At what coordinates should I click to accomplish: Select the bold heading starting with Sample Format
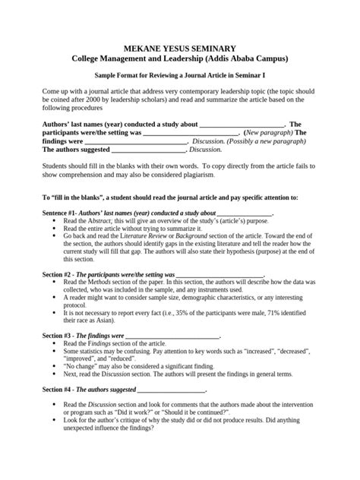pos(180,76)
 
